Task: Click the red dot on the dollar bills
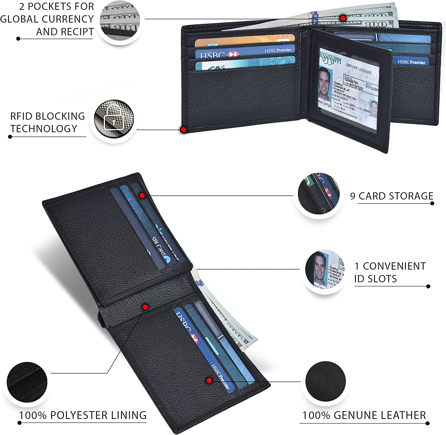(x=343, y=18)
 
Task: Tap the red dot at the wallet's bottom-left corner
(x=183, y=130)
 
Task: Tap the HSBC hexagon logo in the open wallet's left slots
(x=233, y=54)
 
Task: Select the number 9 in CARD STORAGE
(x=353, y=196)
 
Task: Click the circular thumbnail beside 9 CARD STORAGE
(x=318, y=194)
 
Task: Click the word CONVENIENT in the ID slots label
(x=390, y=266)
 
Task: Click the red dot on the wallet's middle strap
(x=145, y=307)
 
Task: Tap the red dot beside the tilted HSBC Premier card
(x=209, y=380)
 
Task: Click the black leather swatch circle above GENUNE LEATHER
(x=325, y=381)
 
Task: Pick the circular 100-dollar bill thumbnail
(x=120, y=21)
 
